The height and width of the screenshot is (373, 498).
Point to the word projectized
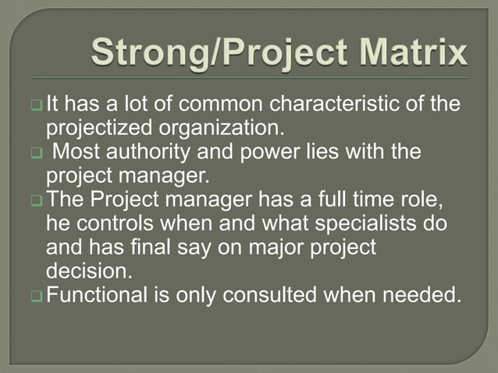101,127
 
